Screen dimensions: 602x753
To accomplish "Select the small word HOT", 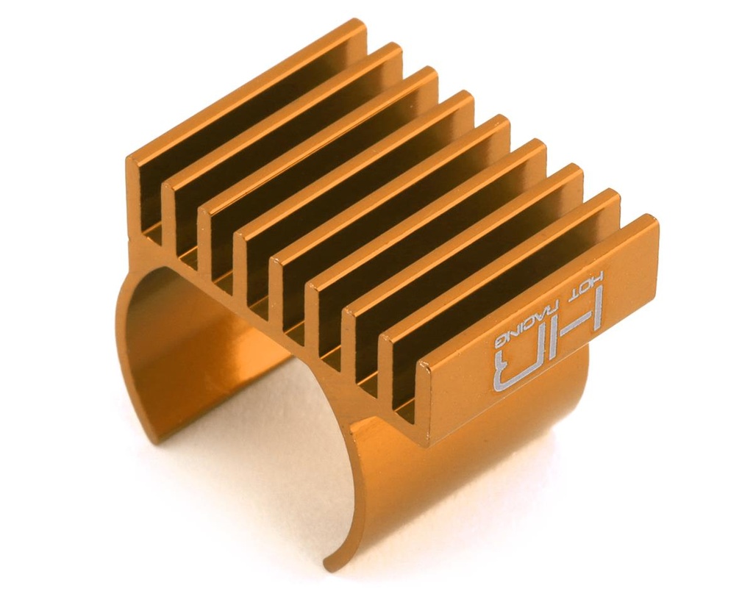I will (593, 282).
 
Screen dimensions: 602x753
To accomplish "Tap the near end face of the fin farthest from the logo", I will (135, 191).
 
